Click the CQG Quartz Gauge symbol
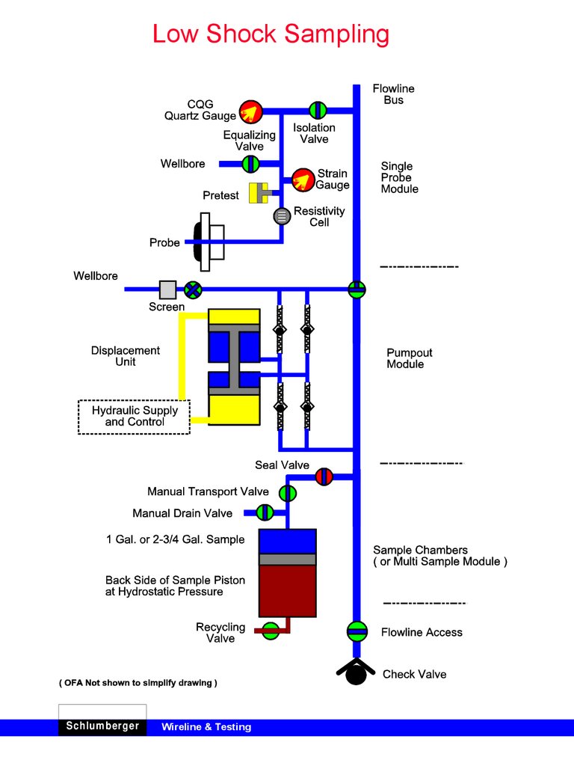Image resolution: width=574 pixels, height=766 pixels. pos(250,112)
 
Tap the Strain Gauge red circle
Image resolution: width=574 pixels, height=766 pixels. pos(303,180)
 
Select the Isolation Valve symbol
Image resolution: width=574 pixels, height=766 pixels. pos(318,111)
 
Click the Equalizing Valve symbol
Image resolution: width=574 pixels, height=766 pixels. pos(250,163)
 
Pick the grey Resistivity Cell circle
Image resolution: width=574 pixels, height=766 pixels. pos(282,216)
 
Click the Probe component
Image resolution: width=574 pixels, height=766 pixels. pos(206,242)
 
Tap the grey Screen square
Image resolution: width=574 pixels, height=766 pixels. pos(167,289)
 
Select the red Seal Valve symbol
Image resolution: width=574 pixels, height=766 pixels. pos(324,476)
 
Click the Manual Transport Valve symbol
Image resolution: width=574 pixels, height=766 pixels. pos(288,493)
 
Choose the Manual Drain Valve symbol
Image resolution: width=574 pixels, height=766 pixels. pos(265,512)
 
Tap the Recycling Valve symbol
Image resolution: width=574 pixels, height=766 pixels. pos(271,631)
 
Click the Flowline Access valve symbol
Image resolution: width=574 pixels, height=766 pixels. pos(357,631)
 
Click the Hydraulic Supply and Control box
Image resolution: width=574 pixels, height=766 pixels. pos(135,417)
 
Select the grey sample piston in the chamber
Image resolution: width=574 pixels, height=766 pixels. pos(287,559)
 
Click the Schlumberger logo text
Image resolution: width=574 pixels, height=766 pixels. pos(102,726)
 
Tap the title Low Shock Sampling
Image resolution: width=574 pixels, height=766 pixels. pos(271,34)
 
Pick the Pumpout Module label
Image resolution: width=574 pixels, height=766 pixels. pos(409,358)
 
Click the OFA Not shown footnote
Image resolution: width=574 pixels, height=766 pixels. pos(138,683)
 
